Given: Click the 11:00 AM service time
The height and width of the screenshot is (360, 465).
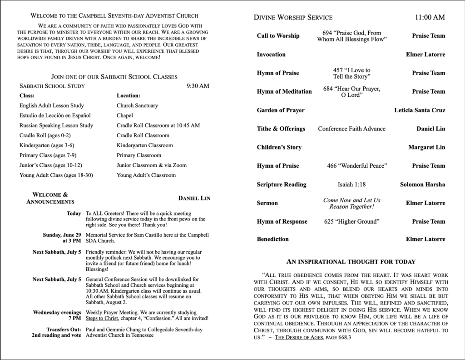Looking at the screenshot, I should [x=430, y=18].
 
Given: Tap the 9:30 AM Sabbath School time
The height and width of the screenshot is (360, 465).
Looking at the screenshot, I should [x=198, y=86].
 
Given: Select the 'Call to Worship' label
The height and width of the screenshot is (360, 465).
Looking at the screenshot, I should [x=278, y=36].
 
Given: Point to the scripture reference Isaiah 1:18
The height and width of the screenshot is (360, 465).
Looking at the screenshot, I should [x=351, y=185].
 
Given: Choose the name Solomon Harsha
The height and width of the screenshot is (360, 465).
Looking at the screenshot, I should [x=422, y=185].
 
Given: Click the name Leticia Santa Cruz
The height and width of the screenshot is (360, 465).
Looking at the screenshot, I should [x=420, y=110].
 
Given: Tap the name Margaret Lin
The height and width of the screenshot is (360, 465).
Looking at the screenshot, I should [x=426, y=147].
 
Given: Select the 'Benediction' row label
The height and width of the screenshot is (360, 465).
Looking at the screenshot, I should [x=272, y=239].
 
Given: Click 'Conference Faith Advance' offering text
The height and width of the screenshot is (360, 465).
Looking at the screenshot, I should [x=351, y=129].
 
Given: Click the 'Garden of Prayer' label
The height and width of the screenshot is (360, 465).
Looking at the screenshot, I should [x=281, y=110].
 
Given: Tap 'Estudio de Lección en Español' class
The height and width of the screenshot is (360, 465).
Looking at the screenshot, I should [x=55, y=115].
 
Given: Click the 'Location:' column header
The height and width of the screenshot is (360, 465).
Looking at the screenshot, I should [x=128, y=96].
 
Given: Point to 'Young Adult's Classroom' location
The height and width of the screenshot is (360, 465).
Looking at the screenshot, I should [x=146, y=175].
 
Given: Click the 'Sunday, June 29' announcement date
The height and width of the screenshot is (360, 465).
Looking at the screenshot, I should [x=62, y=235].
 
